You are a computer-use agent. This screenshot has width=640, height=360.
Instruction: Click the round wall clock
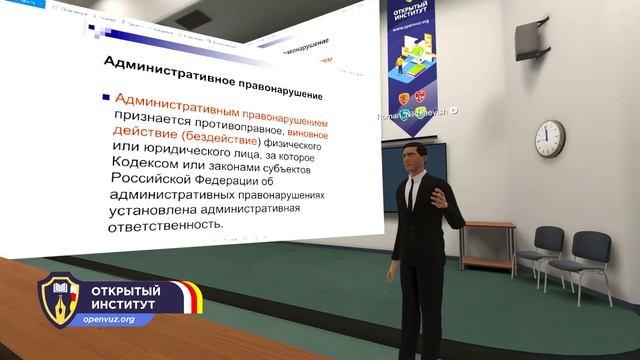[x=550, y=134]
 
